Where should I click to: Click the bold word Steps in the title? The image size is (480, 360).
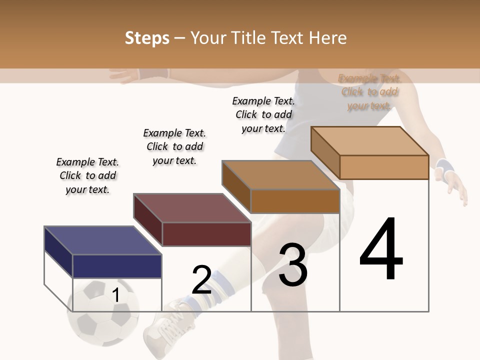147,38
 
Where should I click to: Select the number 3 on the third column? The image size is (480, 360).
292,265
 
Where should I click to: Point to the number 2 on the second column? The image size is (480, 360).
201,280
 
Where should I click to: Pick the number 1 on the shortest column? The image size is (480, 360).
116,295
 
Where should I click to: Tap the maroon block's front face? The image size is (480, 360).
206,234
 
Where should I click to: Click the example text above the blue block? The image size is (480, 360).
87,175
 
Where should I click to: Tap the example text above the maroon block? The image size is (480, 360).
174,146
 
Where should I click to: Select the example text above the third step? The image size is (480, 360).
263,114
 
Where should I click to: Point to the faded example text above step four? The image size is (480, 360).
369,92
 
